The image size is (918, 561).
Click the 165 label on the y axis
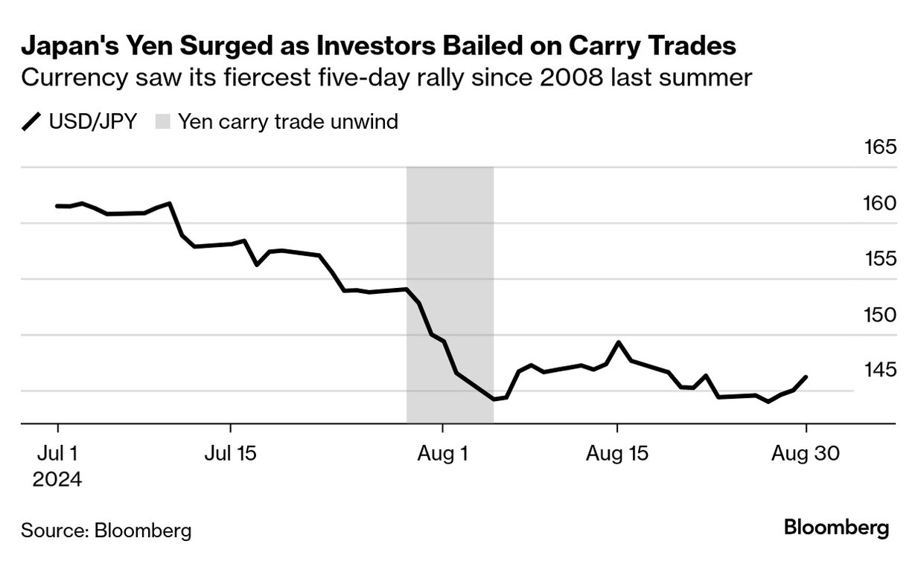coord(881,147)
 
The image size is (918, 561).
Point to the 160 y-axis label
coord(881,203)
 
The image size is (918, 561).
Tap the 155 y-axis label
coord(881,259)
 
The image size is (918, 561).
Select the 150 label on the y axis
coord(881,315)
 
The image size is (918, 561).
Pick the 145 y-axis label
coord(881,370)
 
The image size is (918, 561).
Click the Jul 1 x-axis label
coord(57,453)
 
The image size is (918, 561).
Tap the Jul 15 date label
coord(230,453)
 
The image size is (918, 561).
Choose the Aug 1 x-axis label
coord(443,453)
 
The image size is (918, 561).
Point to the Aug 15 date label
coord(617,453)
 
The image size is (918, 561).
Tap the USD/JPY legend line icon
coord(32,121)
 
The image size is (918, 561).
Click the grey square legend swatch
coord(162,121)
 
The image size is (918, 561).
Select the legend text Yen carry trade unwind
coord(288,121)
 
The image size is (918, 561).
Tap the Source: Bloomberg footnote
coord(106,530)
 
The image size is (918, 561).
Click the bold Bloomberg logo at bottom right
coord(836,528)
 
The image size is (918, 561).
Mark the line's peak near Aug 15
coord(618,342)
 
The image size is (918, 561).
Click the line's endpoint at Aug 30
coord(806,376)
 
